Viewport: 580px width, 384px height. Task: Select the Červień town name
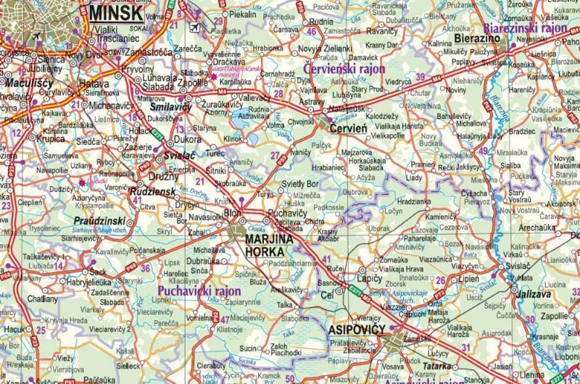coord(349,128)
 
